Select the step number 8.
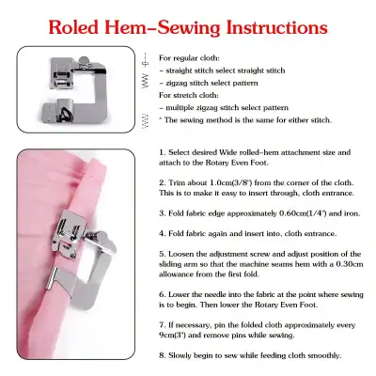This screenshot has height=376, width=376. (163, 354)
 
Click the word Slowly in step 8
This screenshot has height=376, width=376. (182, 354)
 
